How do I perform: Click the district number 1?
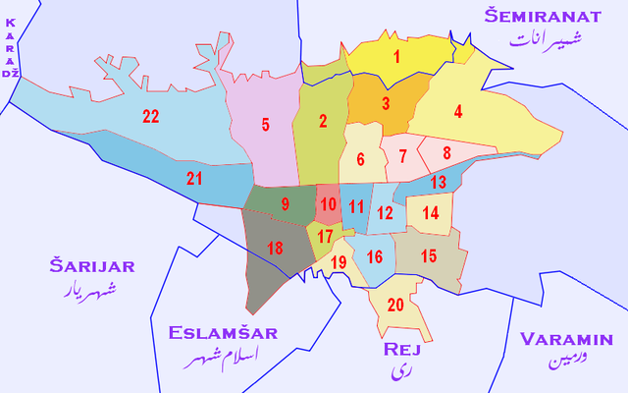(x=397, y=56)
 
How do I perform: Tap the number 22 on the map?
(x=150, y=117)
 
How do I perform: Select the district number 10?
(x=326, y=203)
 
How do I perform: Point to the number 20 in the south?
(x=395, y=305)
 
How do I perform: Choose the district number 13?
(x=439, y=182)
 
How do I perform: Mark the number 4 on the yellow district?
(x=458, y=111)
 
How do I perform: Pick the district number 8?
(x=446, y=152)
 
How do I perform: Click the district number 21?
(x=194, y=178)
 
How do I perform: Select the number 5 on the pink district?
(x=265, y=125)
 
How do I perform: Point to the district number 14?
(x=430, y=212)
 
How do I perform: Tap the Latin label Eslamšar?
(x=223, y=333)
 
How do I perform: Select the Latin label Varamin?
(x=568, y=339)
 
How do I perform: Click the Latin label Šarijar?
(x=92, y=265)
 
